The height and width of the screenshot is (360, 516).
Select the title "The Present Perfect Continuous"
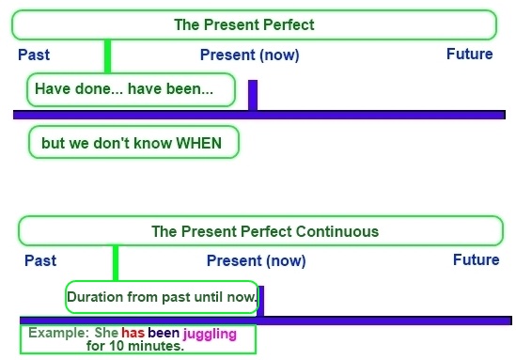point(265,231)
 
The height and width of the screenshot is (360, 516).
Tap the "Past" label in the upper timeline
point(33,55)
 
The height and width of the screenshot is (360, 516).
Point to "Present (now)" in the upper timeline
point(249,55)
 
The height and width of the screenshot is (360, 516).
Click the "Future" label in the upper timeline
point(469,54)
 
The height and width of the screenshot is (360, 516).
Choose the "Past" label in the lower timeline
point(40,260)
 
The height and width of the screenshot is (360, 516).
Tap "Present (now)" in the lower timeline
point(256,260)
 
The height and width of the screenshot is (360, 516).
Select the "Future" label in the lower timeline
point(476,259)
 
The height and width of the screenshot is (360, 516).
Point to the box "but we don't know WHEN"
point(133,144)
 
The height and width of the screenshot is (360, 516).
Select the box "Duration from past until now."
point(162,297)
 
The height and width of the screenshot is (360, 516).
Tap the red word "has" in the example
point(133,333)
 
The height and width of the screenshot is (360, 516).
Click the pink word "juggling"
point(210,334)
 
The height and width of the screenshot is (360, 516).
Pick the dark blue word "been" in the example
point(164,333)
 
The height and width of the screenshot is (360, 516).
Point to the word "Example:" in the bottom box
point(58,333)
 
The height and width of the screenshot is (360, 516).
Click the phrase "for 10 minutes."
point(135,346)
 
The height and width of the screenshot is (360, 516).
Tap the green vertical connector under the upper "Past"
point(107,56)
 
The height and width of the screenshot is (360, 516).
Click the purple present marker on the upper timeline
point(252,95)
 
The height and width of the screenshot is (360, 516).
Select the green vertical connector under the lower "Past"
point(115,263)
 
